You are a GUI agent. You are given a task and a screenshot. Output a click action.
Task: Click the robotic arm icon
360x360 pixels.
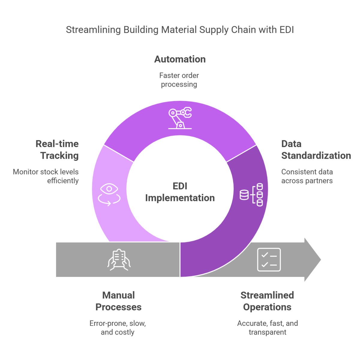click(180, 118)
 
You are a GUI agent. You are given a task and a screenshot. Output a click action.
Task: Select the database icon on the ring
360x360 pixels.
click(251, 195)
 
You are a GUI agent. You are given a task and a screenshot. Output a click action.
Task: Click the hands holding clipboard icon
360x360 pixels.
click(119, 259)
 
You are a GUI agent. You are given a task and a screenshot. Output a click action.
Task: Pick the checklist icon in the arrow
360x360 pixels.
click(269, 259)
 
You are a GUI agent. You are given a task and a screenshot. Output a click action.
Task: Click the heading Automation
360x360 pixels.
click(180, 59)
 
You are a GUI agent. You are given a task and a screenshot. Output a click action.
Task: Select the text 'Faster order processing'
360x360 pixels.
click(179, 80)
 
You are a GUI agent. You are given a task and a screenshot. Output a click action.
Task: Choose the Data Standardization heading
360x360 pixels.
click(316, 150)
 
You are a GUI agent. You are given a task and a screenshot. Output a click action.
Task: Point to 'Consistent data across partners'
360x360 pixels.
click(307, 176)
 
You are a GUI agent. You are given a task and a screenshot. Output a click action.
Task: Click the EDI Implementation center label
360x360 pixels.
click(180, 192)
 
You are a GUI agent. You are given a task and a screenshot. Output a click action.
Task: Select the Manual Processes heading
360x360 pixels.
click(118, 301)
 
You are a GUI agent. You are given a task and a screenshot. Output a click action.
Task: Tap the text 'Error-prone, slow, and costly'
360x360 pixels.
click(118, 328)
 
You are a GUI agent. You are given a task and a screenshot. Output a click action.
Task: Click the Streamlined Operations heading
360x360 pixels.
click(267, 301)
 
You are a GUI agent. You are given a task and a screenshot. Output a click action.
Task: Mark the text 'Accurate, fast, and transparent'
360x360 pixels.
click(267, 328)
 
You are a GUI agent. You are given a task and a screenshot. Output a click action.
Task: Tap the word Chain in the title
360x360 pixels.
click(243, 30)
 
